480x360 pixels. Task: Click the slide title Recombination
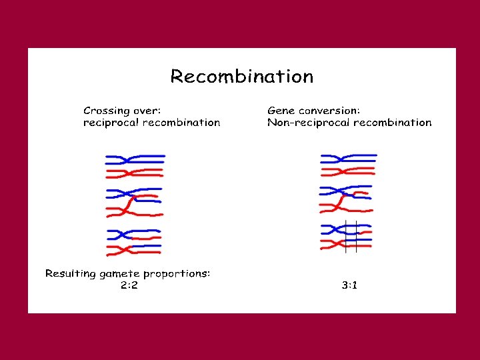241,77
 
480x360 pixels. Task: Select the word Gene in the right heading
280,111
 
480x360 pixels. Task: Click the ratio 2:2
129,285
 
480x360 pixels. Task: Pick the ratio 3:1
349,285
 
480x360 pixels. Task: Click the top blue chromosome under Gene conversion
349,159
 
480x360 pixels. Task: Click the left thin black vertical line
345,237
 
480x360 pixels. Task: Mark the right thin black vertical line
357,237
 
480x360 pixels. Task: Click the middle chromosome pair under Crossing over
135,203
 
